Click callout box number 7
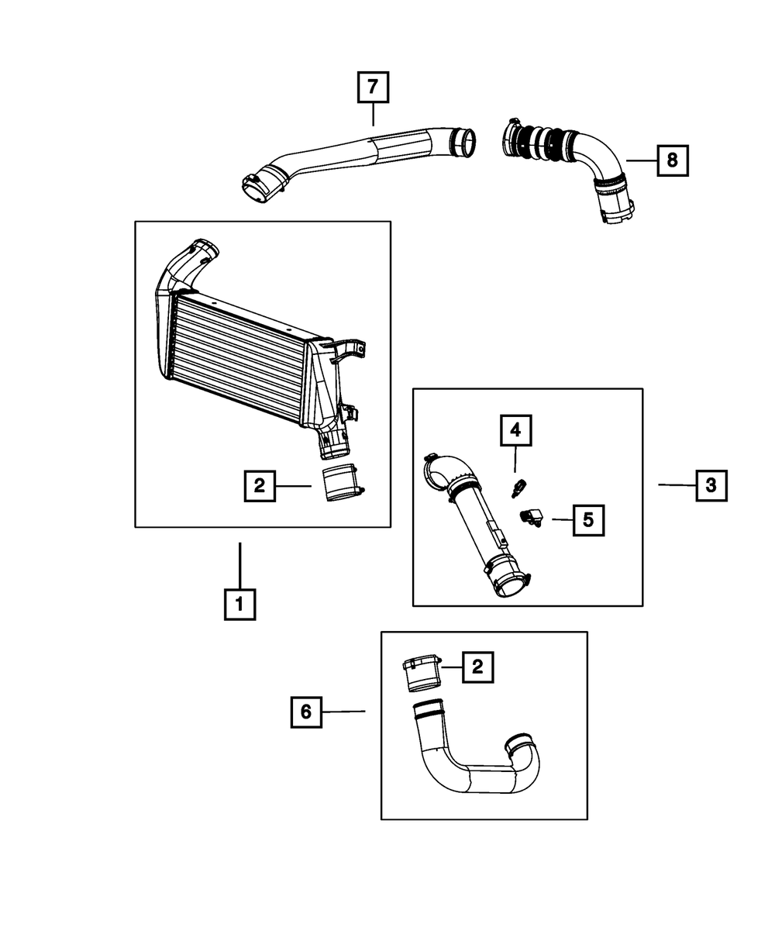click(373, 88)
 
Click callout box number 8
click(672, 160)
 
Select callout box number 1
click(239, 603)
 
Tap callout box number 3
click(711, 486)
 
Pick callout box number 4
click(515, 430)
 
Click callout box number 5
click(588, 520)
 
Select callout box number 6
click(306, 711)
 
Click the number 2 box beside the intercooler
click(259, 486)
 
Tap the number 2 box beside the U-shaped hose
click(477, 666)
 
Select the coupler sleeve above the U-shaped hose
click(421, 673)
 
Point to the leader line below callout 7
click(373, 114)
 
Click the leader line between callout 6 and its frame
click(343, 711)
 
